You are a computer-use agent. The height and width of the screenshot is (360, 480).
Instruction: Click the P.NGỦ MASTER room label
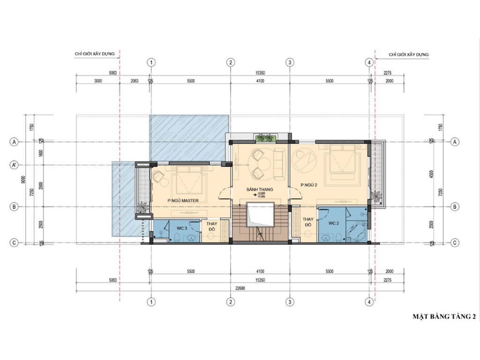[183, 201]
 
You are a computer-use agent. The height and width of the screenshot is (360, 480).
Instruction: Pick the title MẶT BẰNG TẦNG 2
[444, 317]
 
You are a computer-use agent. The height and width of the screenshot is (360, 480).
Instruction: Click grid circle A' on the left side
[15, 165]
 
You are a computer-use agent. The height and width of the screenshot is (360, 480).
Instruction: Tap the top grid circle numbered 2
[230, 62]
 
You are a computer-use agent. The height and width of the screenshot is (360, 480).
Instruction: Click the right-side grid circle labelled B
[454, 206]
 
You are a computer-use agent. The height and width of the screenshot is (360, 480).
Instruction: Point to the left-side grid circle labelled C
[15, 242]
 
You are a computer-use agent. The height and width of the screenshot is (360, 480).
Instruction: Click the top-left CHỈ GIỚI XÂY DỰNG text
[95, 54]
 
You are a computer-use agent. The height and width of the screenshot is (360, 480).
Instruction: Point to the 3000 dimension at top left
[98, 81]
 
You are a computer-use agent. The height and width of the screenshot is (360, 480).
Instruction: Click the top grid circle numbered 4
[369, 62]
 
